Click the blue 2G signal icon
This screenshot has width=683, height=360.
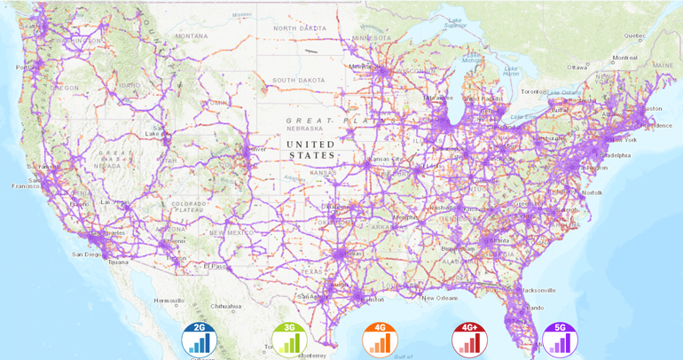pyautogui.click(x=199, y=339)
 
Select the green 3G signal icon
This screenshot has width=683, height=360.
pyautogui.click(x=289, y=339)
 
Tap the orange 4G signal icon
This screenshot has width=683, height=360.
pyautogui.click(x=380, y=339)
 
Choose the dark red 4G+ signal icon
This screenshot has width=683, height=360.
pyautogui.click(x=469, y=339)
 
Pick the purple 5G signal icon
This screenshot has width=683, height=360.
pyautogui.click(x=560, y=339)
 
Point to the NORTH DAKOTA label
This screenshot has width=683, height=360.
pyautogui.click(x=299, y=28)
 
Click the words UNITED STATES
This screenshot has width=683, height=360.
pyautogui.click(x=311, y=149)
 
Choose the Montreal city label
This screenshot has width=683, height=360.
pyautogui.click(x=624, y=58)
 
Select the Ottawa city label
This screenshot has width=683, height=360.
pyautogui.click(x=578, y=67)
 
